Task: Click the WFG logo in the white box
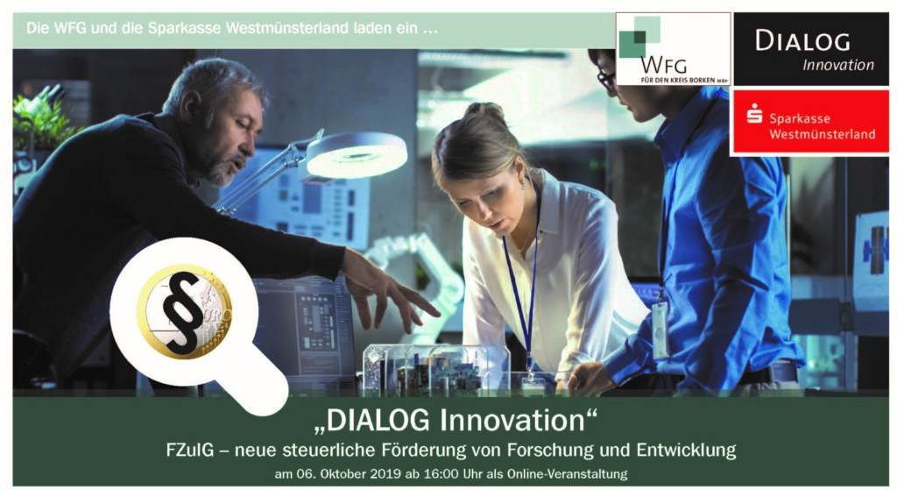(673, 49)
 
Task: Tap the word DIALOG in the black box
(802, 40)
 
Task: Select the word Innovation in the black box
(838, 65)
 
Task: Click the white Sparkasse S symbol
(754, 113)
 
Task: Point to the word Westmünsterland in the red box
(822, 134)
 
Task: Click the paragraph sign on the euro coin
(182, 312)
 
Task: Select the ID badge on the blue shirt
(660, 329)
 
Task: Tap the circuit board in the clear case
(434, 369)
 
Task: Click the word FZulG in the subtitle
(189, 450)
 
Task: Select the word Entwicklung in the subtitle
(686, 450)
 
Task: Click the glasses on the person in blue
(606, 78)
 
